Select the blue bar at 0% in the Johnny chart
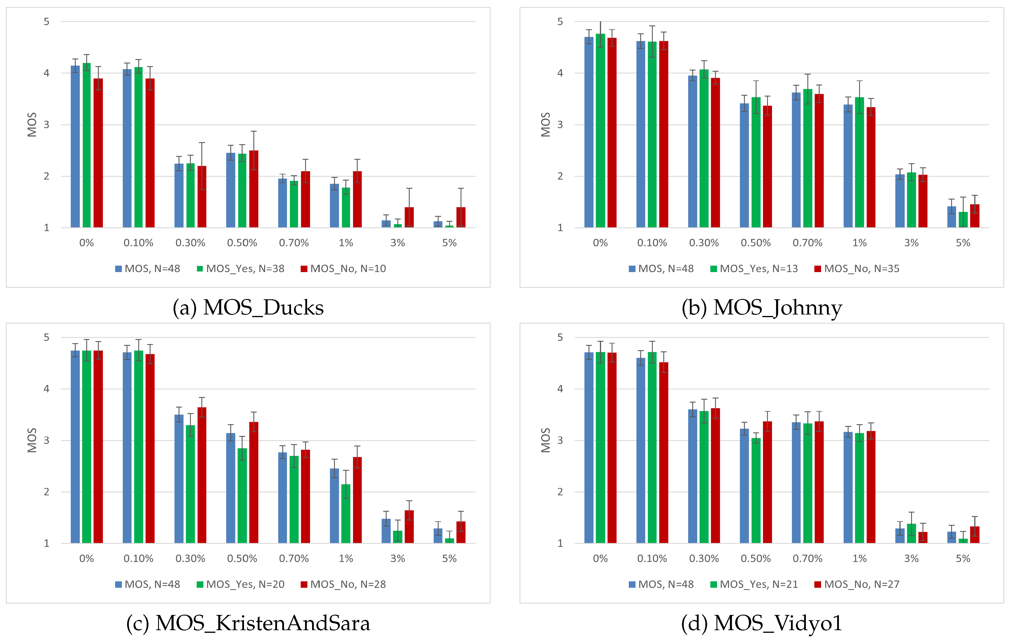pyautogui.click(x=589, y=133)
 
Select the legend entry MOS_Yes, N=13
pyautogui.click(x=754, y=269)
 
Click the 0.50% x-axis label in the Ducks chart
pyautogui.click(x=242, y=243)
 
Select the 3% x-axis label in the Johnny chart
pyautogui.click(x=911, y=243)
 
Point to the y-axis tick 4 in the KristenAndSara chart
pyautogui.click(x=46, y=389)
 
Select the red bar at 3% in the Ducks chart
pyautogui.click(x=409, y=217)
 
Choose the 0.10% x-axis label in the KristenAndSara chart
pyautogui.click(x=138, y=558)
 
